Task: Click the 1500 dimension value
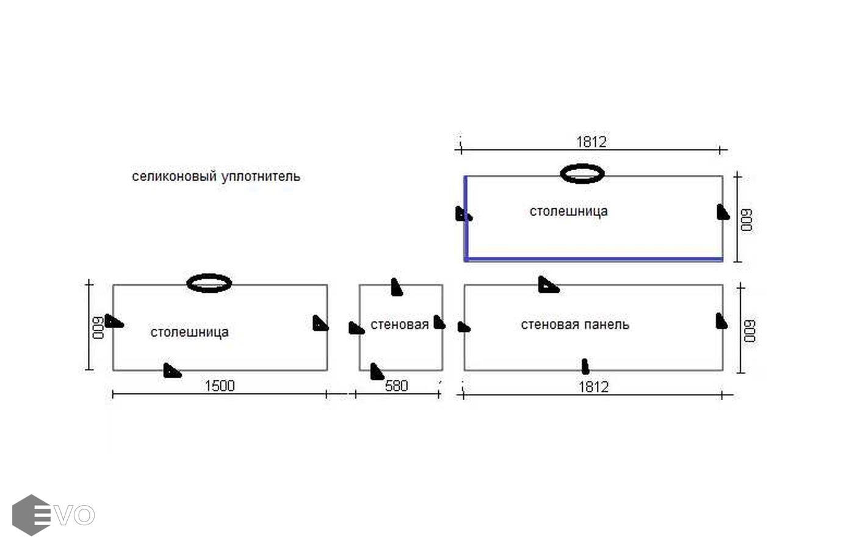tap(220, 386)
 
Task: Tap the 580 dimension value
tap(396, 386)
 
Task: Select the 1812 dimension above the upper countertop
tap(591, 142)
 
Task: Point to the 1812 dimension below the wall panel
tap(593, 387)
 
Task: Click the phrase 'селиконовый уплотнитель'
tap(216, 177)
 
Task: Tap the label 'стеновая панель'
tap(575, 325)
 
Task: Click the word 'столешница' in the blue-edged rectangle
tap(568, 212)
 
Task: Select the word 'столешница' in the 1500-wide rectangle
tap(189, 332)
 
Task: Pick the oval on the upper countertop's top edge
tap(582, 174)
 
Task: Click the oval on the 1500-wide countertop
tap(209, 283)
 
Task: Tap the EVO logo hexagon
tap(31, 515)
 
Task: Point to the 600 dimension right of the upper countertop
tap(746, 220)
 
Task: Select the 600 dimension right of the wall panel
tap(749, 331)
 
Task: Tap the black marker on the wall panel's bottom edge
tap(585, 366)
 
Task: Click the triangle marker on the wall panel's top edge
tap(548, 285)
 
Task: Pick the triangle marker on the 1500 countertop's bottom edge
tap(172, 370)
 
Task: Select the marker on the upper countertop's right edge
tap(723, 212)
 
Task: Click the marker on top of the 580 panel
tap(396, 287)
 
